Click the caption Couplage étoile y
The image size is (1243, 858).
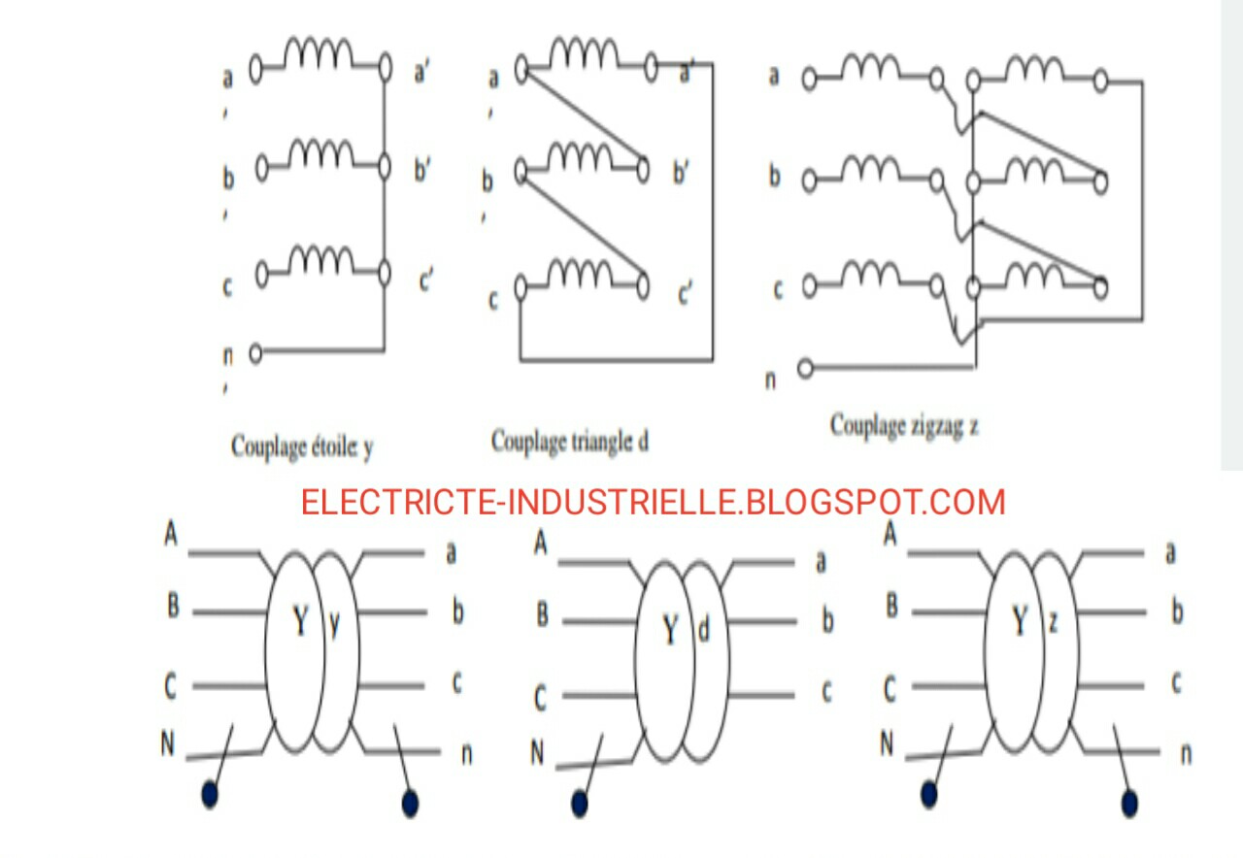tap(302, 446)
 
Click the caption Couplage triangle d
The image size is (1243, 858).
tap(569, 443)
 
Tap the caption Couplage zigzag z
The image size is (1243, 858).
tap(904, 426)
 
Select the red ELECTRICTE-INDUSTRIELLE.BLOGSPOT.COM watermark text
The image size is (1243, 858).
tap(653, 503)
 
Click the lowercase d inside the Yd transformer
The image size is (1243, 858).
tap(704, 631)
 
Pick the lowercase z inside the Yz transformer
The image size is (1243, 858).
tap(1053, 622)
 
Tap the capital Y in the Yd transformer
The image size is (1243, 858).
tap(670, 631)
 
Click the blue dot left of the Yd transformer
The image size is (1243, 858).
tap(580, 804)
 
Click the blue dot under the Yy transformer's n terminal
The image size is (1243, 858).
tap(410, 804)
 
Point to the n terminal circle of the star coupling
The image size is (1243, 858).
tap(255, 353)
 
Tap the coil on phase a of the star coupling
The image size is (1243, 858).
tap(319, 55)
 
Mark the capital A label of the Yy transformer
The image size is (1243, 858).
tap(171, 535)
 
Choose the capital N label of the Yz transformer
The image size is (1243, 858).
tap(887, 744)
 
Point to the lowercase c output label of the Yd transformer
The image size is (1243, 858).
tap(826, 692)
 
